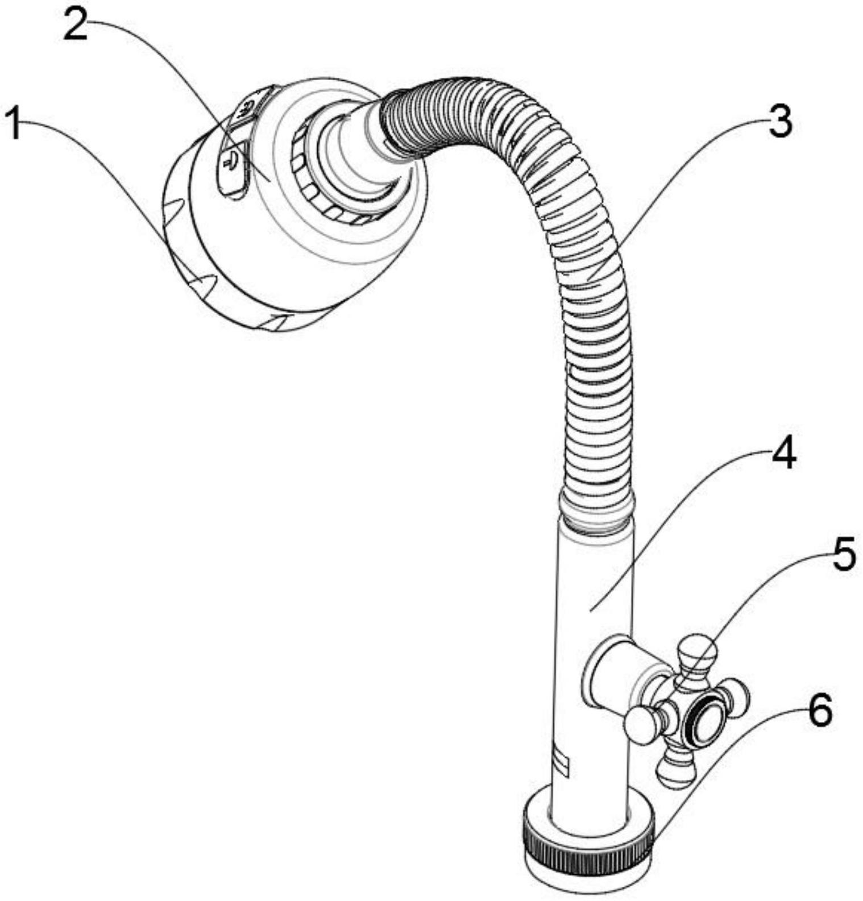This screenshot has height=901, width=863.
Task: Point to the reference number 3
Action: click(x=780, y=122)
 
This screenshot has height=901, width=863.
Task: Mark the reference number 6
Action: click(x=820, y=711)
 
